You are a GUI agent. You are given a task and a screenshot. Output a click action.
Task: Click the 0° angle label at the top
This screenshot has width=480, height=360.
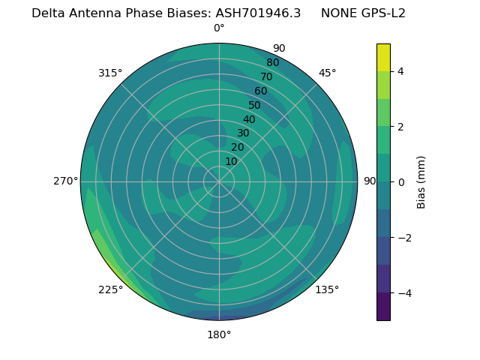(x=219, y=28)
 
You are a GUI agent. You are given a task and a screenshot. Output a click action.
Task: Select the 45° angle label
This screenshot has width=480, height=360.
(x=327, y=73)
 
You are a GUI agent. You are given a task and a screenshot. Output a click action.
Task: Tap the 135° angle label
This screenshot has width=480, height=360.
(x=327, y=289)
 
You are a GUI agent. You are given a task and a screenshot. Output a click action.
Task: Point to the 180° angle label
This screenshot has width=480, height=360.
(x=219, y=334)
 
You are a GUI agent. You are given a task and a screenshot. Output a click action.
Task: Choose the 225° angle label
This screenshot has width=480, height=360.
(x=110, y=289)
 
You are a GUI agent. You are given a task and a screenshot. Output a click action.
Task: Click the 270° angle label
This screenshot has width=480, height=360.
(x=66, y=181)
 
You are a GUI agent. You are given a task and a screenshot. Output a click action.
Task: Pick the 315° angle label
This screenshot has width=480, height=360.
(x=110, y=73)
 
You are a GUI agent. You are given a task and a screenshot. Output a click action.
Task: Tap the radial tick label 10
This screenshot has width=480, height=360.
(x=231, y=161)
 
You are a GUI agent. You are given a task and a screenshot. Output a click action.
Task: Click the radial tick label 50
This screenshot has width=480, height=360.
(x=255, y=105)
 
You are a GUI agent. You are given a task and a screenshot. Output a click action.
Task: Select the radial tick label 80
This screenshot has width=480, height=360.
(x=273, y=62)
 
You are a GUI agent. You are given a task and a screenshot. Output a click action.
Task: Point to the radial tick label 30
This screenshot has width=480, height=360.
(x=243, y=133)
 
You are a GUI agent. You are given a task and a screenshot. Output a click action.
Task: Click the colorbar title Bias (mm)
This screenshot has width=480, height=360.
(x=421, y=182)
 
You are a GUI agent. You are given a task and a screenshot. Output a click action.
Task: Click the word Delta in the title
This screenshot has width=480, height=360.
(x=49, y=13)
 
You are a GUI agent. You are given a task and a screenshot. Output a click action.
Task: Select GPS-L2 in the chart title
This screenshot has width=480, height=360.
(x=378, y=13)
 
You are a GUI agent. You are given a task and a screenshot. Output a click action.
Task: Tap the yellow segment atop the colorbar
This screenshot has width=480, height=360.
(x=383, y=57)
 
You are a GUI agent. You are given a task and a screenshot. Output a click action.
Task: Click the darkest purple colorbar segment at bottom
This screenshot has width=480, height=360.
(x=383, y=307)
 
